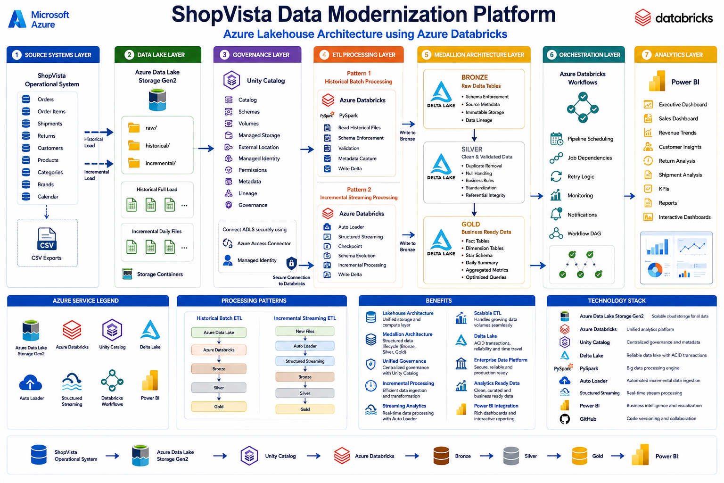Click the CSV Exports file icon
tap(47, 239)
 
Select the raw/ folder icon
tap(134, 128)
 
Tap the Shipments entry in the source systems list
tap(50, 124)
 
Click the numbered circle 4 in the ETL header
tap(324, 55)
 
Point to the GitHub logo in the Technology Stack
tap(565, 419)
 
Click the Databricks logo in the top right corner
tap(674, 17)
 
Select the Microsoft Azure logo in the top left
tap(39, 19)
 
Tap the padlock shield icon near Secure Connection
tap(292, 263)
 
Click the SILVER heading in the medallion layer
tap(472, 149)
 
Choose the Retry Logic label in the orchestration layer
tap(581, 176)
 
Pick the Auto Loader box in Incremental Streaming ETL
tap(305, 346)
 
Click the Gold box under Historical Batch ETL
tap(219, 407)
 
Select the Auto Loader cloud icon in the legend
tap(31, 383)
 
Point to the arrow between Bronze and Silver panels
tap(474, 135)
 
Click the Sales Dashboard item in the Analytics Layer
tap(678, 119)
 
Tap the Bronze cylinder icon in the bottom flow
tap(441, 456)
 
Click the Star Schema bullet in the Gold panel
tap(479, 255)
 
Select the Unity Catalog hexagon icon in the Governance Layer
tap(232, 80)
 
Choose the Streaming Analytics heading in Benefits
tap(404, 406)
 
